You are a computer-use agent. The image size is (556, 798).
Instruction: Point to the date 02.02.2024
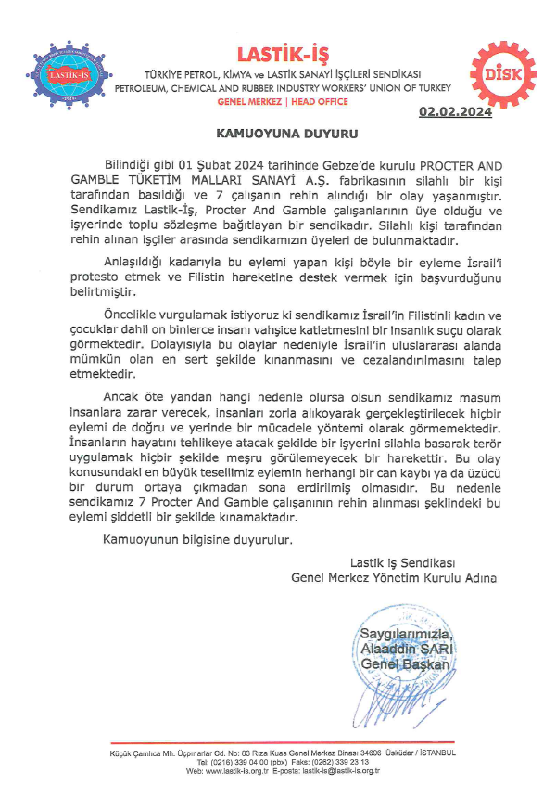pyautogui.click(x=454, y=112)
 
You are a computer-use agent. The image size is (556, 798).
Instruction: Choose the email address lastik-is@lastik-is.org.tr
pyautogui.click(x=348, y=770)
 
